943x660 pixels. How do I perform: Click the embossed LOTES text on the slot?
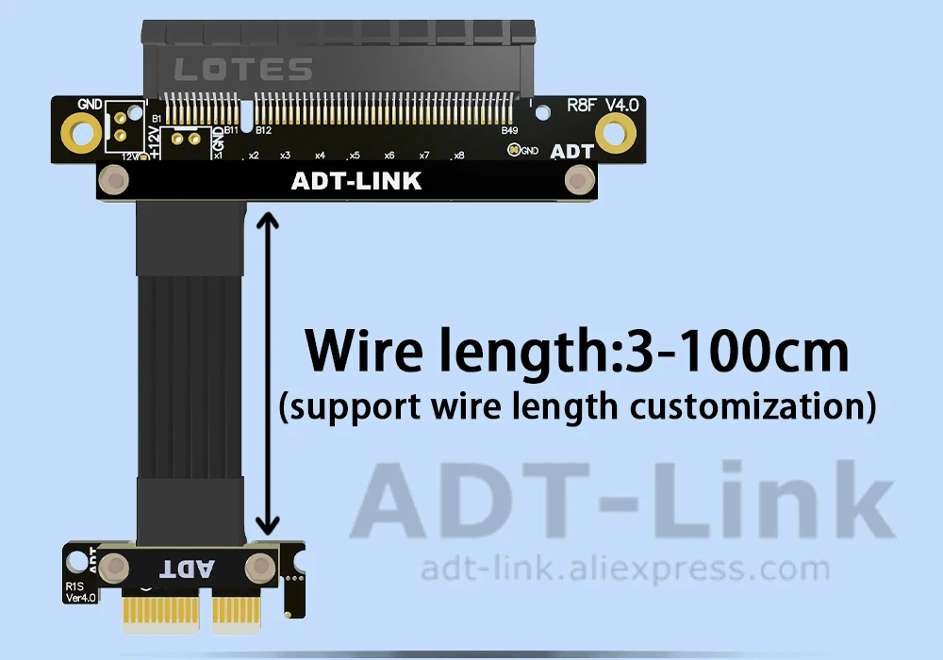(x=244, y=70)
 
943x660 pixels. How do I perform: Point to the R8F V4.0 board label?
(x=603, y=105)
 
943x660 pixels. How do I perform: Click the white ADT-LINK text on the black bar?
(x=356, y=180)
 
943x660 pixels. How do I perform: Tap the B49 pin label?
(x=510, y=130)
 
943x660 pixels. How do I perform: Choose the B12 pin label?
(x=263, y=130)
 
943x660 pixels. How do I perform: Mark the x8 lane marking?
(x=458, y=156)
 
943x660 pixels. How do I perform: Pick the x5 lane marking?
(x=354, y=156)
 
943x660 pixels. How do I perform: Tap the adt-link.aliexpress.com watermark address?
(x=624, y=569)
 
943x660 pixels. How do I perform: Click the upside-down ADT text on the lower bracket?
(x=188, y=569)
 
